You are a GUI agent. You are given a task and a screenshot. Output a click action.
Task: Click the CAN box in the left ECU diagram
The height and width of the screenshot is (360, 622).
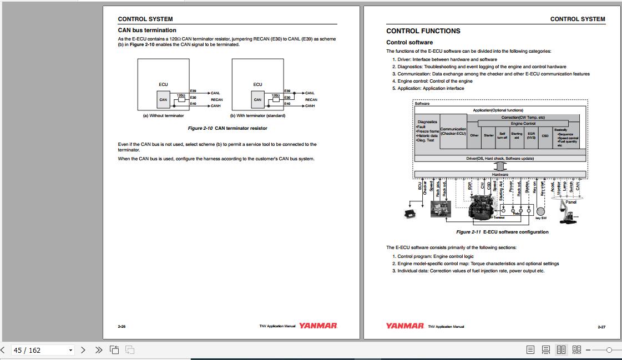tap(163, 100)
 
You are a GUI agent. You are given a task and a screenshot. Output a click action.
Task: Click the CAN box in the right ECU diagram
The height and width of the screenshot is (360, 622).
tap(257, 100)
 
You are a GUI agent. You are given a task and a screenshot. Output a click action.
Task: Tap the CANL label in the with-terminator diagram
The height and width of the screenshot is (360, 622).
tap(310, 93)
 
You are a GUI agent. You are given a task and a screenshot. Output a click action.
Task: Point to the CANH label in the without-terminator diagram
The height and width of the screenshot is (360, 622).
tap(216, 106)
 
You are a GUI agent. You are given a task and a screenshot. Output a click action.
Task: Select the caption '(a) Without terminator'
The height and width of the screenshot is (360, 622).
tap(164, 116)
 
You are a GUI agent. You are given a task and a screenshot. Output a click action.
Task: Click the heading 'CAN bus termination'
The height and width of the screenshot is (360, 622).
tap(147, 31)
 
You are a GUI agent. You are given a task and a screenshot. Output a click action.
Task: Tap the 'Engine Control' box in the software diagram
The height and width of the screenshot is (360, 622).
tap(523, 124)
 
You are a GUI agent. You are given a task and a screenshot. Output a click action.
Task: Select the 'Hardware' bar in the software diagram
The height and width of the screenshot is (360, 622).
tap(500, 174)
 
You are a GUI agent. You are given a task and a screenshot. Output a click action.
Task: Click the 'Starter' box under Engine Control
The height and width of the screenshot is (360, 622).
tap(488, 135)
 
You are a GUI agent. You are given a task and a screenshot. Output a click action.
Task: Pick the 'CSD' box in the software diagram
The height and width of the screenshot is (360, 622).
tap(545, 135)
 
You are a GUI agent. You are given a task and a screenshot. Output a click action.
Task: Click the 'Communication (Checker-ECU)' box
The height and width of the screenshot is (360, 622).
tap(453, 131)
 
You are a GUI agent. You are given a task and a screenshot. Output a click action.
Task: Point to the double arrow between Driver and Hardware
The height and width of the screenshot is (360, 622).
tap(500, 166)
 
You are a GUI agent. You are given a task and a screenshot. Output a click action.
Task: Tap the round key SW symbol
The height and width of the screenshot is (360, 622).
tap(541, 211)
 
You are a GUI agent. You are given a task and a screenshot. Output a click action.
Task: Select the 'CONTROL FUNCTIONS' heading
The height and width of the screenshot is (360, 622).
tap(423, 31)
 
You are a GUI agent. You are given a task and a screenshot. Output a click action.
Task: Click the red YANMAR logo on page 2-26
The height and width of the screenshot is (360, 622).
tap(318, 326)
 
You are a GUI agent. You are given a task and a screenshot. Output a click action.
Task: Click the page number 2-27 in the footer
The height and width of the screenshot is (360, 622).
tap(601, 327)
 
